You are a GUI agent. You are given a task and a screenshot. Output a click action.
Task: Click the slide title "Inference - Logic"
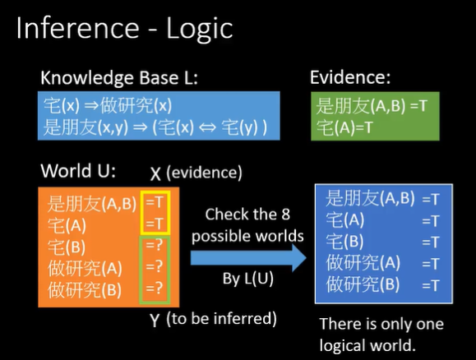pos(124,29)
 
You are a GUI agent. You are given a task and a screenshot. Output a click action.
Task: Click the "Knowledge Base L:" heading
pos(119,78)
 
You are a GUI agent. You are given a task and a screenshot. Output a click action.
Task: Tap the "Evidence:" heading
pos(350,77)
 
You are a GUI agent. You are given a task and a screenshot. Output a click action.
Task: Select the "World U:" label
pos(78,171)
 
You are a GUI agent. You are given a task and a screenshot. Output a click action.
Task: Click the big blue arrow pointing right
pos(248,258)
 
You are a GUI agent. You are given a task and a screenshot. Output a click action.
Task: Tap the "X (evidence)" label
pos(196,173)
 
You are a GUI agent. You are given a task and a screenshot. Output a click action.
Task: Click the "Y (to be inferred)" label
pos(213,319)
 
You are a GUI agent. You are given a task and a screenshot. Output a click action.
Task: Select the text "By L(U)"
pos(247,279)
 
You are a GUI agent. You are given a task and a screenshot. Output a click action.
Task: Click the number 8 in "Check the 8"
pos(285,215)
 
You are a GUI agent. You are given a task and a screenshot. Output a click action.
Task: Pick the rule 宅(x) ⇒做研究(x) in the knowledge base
pos(108,106)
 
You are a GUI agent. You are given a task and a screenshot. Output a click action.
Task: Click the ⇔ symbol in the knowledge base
pos(207,127)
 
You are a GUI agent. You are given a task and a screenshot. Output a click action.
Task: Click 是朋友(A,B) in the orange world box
pos(92,203)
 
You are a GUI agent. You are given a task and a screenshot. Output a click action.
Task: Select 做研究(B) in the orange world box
pos(85,289)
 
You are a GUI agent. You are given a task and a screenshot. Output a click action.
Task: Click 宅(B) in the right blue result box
pos(344,242)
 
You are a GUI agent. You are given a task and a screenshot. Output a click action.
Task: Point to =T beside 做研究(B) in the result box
pos(431,286)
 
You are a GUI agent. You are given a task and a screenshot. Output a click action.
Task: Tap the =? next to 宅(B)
pos(155,245)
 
